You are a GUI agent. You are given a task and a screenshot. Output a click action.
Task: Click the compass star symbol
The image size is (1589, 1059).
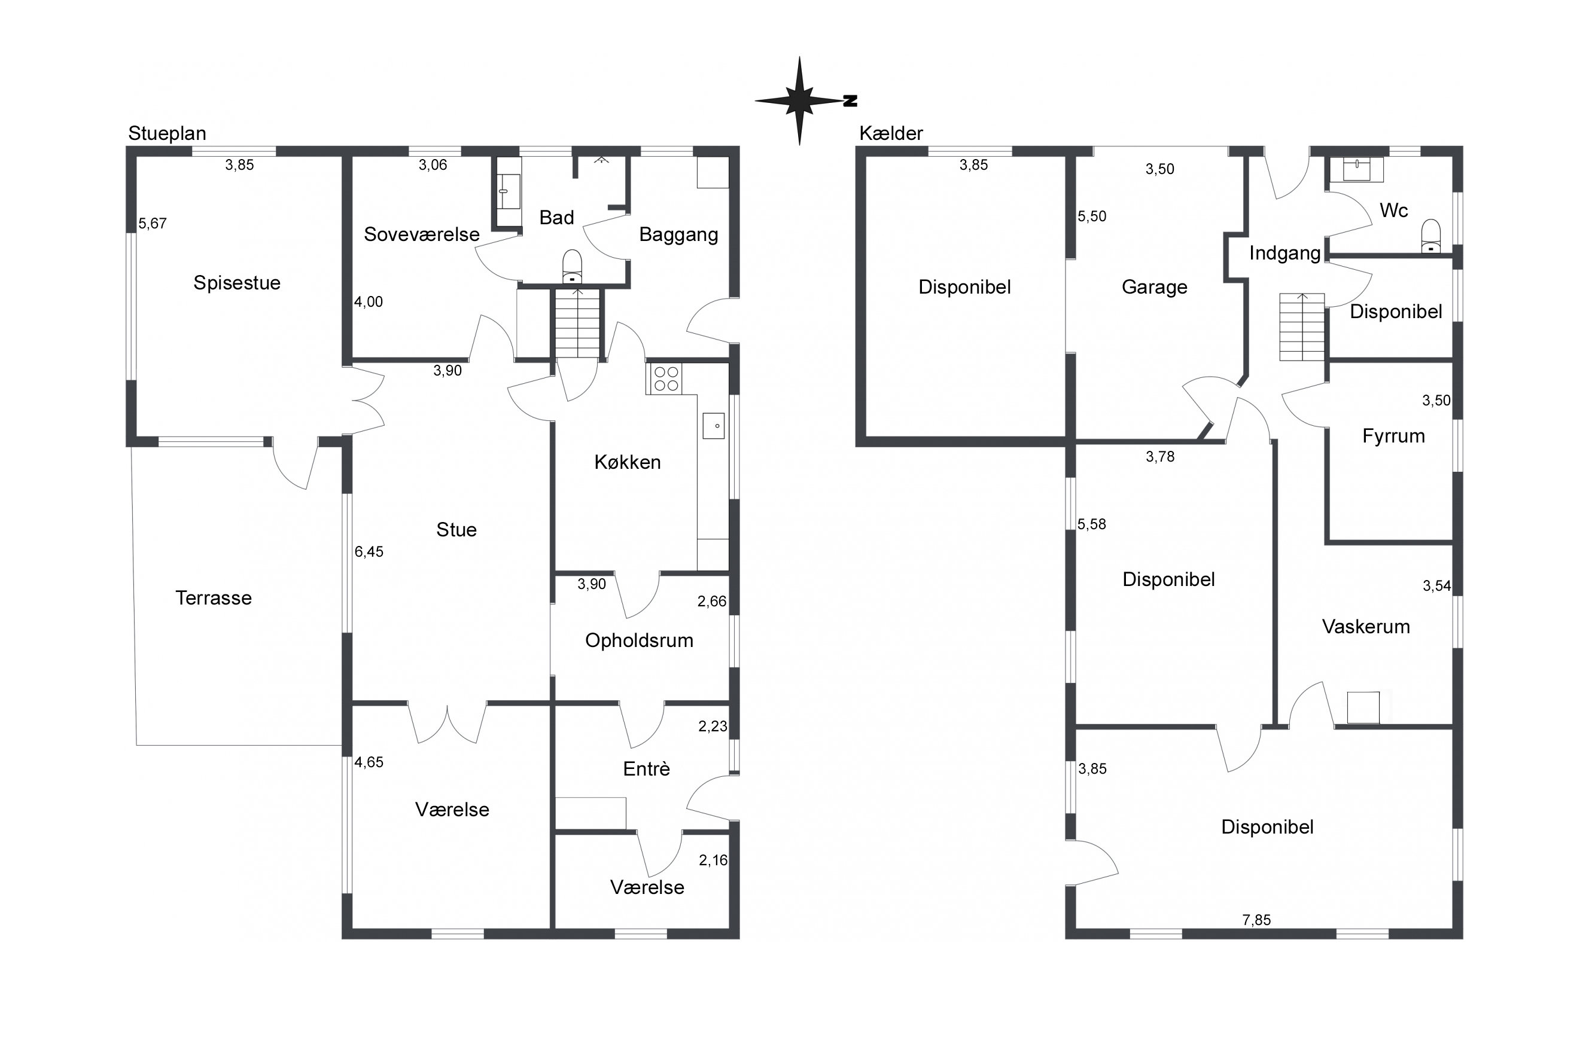pyautogui.click(x=800, y=101)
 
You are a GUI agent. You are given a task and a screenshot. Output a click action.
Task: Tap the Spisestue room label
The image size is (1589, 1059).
pyautogui.click(x=236, y=283)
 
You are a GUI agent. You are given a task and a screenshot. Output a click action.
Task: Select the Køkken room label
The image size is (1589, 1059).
pyautogui.click(x=627, y=463)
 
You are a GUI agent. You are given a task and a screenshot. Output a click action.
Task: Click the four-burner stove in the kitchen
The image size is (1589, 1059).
pyautogui.click(x=666, y=379)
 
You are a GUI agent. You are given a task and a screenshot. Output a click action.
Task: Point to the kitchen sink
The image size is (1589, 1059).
pyautogui.click(x=713, y=426)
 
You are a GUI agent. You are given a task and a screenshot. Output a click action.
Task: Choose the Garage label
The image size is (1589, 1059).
pyautogui.click(x=1154, y=288)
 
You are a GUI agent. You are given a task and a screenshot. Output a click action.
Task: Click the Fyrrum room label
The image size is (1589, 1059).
pyautogui.click(x=1393, y=437)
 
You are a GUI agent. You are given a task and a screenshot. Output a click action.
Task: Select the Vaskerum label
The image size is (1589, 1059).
pyautogui.click(x=1365, y=627)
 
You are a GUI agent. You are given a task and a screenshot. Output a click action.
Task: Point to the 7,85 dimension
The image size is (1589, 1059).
pyautogui.click(x=1256, y=920)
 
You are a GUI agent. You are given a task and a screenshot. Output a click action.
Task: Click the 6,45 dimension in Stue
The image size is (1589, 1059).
pyautogui.click(x=369, y=552)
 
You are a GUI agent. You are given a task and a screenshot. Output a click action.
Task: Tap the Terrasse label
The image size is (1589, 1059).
pyautogui.click(x=214, y=599)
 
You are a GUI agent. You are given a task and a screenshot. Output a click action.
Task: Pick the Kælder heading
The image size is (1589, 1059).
pyautogui.click(x=890, y=134)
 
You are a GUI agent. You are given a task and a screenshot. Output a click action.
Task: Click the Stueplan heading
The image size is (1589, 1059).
pyautogui.click(x=167, y=134)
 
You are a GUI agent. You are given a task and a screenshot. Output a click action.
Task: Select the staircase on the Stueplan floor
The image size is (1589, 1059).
pyautogui.click(x=578, y=323)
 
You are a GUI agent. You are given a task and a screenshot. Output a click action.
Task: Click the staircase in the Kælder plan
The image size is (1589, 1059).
pyautogui.click(x=1301, y=327)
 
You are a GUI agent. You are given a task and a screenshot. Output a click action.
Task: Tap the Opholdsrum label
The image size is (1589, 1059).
pyautogui.click(x=639, y=641)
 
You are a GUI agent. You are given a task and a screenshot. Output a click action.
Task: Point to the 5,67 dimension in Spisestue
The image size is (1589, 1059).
pyautogui.click(x=153, y=224)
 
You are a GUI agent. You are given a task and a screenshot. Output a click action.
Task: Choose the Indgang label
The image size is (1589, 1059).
pyautogui.click(x=1284, y=254)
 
